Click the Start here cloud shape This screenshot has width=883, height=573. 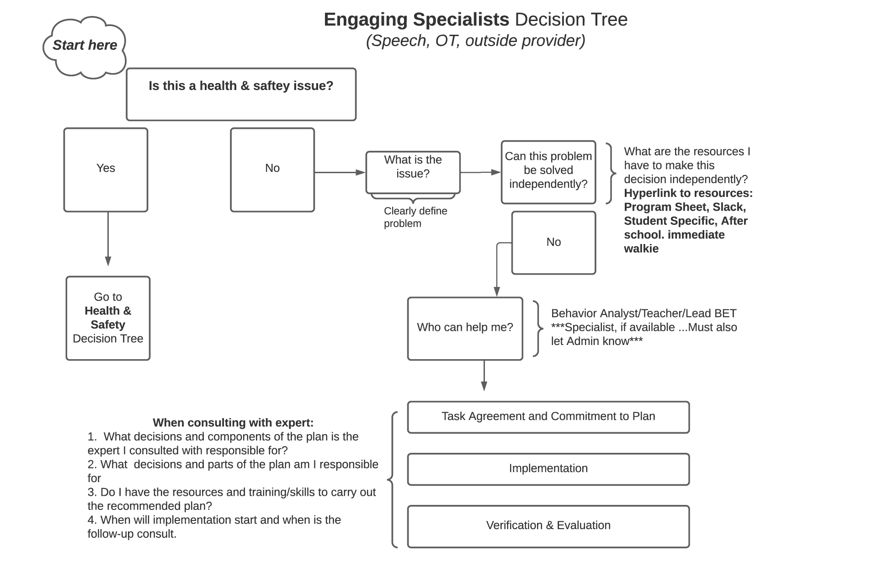tap(85, 46)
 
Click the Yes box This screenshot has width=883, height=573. tap(106, 170)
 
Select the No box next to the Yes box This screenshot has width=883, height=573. tap(272, 170)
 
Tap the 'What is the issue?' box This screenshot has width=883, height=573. tap(413, 172)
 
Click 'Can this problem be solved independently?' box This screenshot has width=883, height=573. tap(548, 172)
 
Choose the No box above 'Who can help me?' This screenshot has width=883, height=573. tap(553, 242)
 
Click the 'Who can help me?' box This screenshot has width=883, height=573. tap(465, 328)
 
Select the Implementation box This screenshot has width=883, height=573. tap(548, 469)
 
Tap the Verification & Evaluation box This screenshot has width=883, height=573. tap(548, 525)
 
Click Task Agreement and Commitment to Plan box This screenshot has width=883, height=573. tap(548, 417)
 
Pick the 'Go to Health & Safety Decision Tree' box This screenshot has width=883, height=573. tap(108, 318)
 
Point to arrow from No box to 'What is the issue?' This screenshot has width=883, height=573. tap(339, 172)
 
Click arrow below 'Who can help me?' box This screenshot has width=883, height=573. tap(484, 375)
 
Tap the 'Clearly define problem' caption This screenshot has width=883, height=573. tap(415, 217)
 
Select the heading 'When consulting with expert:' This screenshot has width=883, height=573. tap(233, 423)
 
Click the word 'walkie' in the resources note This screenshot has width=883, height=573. tap(641, 249)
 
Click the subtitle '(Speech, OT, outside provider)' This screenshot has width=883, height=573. tap(475, 41)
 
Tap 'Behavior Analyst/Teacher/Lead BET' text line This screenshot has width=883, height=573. tap(644, 313)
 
